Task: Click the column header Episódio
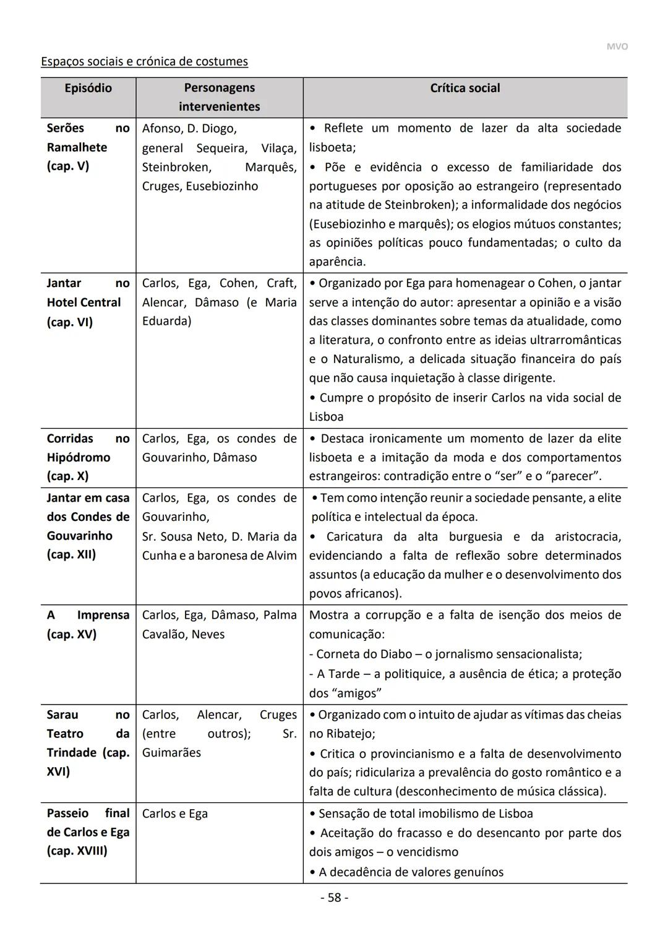pyautogui.click(x=88, y=88)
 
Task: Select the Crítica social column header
pyautogui.click(x=465, y=88)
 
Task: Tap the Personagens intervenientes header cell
pyautogui.click(x=219, y=97)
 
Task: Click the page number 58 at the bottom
pyautogui.click(x=334, y=898)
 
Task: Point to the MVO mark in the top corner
pyautogui.click(x=617, y=47)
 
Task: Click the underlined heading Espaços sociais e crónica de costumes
pyautogui.click(x=144, y=61)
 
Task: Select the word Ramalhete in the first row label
pyautogui.click(x=77, y=147)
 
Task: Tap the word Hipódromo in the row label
pyautogui.click(x=79, y=457)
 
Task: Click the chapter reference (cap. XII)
pyautogui.click(x=71, y=554)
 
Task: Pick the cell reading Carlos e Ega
pyautogui.click(x=175, y=813)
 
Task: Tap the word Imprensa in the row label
pyautogui.click(x=103, y=615)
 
